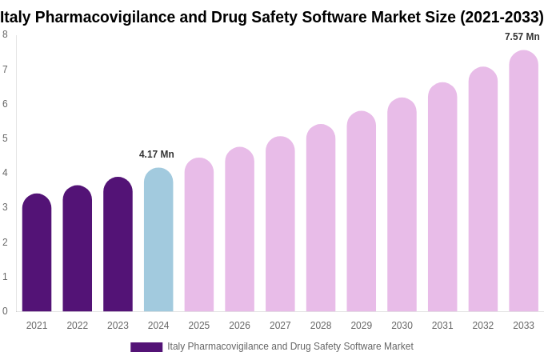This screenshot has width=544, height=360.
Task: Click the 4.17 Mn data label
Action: pos(157,154)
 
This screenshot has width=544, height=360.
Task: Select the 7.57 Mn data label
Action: pos(522,37)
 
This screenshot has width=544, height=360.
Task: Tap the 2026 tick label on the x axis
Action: pos(239,326)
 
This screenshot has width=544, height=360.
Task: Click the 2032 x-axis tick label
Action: pos(482,326)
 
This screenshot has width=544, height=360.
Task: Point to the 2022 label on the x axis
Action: pos(78,326)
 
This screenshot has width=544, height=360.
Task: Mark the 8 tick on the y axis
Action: pos(5,34)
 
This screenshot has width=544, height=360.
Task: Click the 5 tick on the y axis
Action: pos(5,138)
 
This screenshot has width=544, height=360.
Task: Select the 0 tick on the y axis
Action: pos(5,311)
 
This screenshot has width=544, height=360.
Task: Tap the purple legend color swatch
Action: pos(146,347)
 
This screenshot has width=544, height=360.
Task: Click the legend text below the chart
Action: pos(290,346)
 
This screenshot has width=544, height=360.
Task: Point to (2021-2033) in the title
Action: pos(501,17)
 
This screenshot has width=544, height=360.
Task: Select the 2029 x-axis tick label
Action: pos(361,326)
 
